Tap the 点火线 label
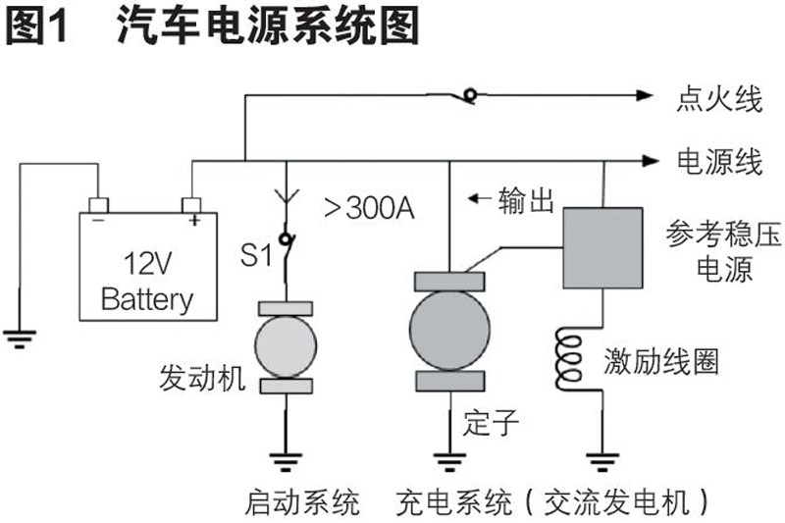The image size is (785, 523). click(719, 97)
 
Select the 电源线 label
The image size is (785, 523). click(719, 160)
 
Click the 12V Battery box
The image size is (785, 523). click(147, 265)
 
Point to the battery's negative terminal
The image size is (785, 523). click(98, 205)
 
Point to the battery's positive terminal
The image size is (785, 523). click(192, 205)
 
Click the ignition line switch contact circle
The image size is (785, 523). click(471, 95)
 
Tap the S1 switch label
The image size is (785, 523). click(256, 258)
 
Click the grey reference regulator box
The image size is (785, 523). click(602, 247)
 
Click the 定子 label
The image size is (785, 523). click(488, 421)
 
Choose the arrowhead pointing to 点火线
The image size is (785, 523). click(644, 95)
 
